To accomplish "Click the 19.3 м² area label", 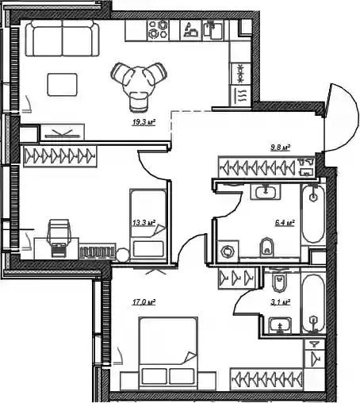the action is [x=144, y=122].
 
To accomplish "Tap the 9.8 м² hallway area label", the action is [x=281, y=148].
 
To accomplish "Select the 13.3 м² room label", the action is [x=144, y=223].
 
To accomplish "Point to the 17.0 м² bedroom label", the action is [x=144, y=302].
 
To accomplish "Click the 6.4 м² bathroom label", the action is [x=285, y=223].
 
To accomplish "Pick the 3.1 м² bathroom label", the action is [x=281, y=302].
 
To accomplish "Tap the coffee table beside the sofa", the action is [x=63, y=85].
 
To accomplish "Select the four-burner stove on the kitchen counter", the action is [x=158, y=30].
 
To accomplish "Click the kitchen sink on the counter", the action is [x=213, y=29].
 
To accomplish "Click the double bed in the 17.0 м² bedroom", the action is [x=168, y=353].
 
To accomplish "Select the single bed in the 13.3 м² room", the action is [x=148, y=225].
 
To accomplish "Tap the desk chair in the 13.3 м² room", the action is [x=59, y=237].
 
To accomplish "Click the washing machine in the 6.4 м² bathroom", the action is [x=228, y=251].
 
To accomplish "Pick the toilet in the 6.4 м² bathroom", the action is [x=266, y=248].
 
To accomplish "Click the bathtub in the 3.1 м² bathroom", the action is [x=313, y=304].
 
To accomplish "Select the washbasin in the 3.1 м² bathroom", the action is [x=280, y=325].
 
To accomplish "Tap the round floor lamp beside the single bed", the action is [x=122, y=255].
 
